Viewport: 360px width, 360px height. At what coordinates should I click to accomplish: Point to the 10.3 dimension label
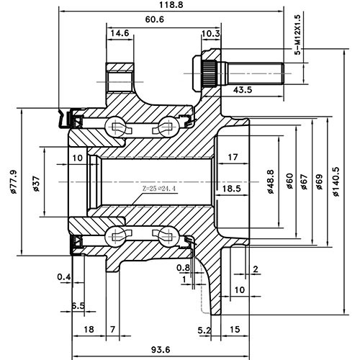tap(211, 34)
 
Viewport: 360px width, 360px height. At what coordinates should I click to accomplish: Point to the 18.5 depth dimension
tap(231, 189)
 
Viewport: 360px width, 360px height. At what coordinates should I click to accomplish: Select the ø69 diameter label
tap(318, 183)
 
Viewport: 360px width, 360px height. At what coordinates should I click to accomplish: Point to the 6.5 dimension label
tap(78, 306)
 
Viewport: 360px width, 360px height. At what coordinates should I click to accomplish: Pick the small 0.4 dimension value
tap(63, 277)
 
